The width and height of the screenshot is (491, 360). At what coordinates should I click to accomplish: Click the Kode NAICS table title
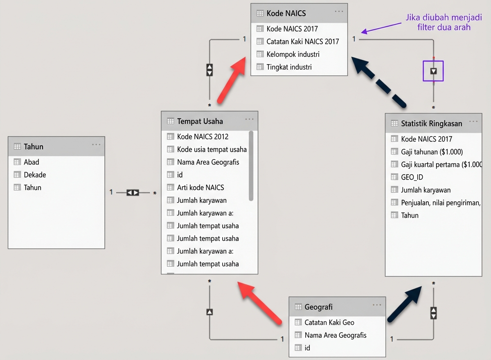(286, 13)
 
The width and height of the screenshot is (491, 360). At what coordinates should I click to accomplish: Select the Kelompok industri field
(293, 54)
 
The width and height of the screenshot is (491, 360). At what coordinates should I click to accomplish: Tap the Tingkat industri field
(289, 67)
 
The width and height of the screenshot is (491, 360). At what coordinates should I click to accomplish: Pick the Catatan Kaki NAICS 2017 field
(302, 41)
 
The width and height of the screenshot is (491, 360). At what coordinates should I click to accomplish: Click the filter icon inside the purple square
(433, 71)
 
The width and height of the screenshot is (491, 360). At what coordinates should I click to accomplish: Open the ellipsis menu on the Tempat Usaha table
(249, 119)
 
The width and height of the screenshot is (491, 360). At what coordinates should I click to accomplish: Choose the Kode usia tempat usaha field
(212, 149)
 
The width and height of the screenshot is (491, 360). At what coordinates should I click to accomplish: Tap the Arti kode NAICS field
(200, 187)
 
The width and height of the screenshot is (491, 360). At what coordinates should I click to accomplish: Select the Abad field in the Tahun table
(32, 162)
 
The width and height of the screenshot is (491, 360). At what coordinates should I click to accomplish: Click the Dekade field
(35, 175)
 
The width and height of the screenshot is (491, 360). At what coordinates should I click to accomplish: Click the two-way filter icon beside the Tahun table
(133, 192)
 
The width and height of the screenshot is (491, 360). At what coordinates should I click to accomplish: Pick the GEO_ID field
(412, 177)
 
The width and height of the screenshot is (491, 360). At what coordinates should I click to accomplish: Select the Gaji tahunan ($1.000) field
(432, 152)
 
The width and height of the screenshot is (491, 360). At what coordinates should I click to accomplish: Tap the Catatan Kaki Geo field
(329, 322)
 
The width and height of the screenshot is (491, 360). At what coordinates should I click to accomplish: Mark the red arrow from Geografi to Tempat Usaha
(260, 303)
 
